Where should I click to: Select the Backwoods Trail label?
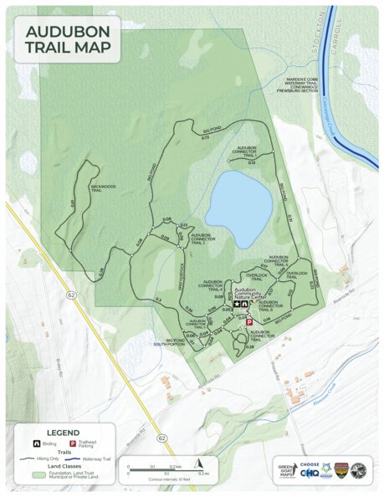pyautogui.click(x=102, y=187)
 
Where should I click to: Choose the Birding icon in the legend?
pyautogui.click(x=36, y=442)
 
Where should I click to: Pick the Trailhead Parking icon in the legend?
pyautogui.click(x=72, y=442)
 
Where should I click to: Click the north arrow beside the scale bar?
pyautogui.click(x=198, y=463)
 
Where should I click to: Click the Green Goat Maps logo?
pyautogui.click(x=287, y=471)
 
